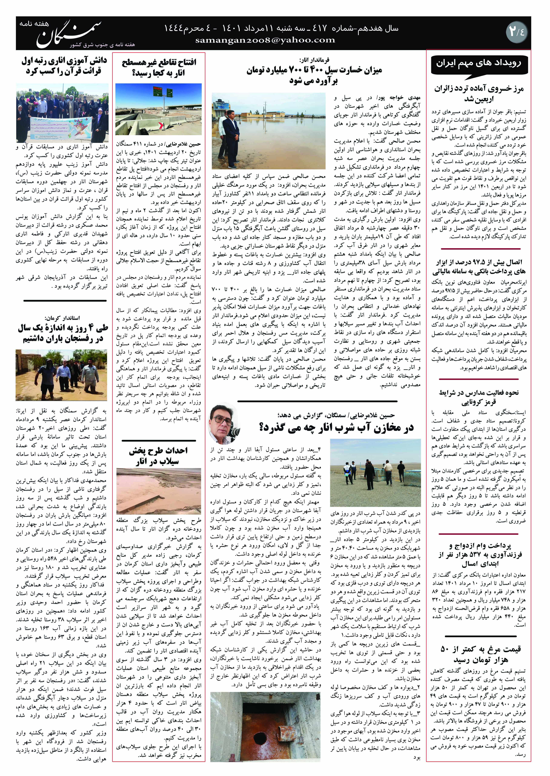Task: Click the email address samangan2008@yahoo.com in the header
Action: coord(265,40)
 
